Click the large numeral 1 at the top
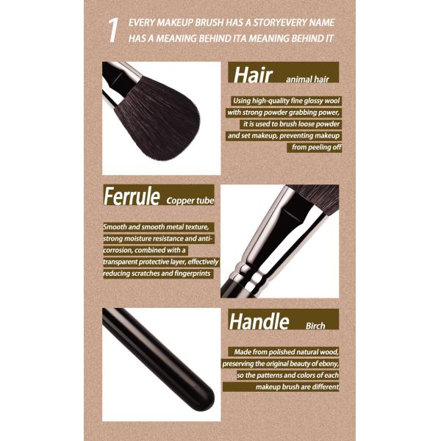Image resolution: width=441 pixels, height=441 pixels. (113, 30)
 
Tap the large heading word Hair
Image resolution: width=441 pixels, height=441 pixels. (253, 75)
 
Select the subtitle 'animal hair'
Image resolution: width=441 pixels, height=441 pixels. (307, 79)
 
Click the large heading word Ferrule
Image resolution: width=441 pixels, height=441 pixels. (132, 196)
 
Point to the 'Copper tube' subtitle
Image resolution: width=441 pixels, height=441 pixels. (190, 201)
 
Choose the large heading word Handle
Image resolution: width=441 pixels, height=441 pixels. (259, 321)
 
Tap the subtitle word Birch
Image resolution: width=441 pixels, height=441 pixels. (315, 326)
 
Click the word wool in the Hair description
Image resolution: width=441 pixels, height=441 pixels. (332, 101)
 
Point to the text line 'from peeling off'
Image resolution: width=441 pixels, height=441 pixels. (316, 147)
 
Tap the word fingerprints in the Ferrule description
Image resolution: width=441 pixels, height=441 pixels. (193, 273)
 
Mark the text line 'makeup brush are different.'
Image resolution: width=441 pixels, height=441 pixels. (297, 387)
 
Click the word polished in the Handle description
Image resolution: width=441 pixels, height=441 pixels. (279, 352)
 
